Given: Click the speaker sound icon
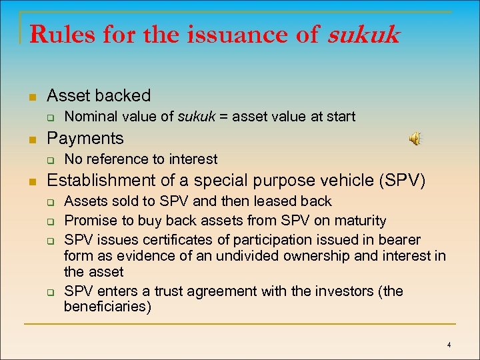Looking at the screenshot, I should [415, 139].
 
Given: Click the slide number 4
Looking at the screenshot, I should [449, 345].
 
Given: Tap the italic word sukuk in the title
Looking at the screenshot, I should [363, 35].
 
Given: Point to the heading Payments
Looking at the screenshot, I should [85, 138].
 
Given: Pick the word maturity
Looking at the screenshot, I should [361, 220].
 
